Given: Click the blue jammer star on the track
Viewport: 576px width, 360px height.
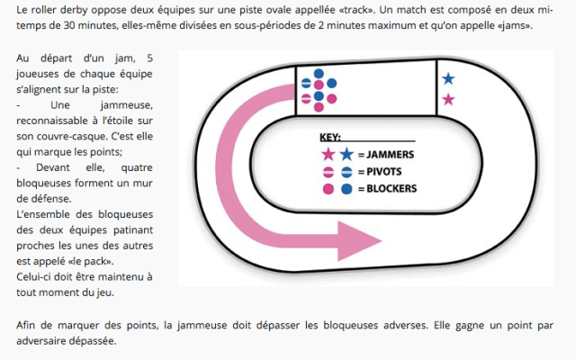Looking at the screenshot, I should [x=448, y=79].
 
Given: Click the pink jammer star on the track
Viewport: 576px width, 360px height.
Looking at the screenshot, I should [x=448, y=99].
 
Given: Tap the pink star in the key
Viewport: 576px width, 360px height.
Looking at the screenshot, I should [x=328, y=155].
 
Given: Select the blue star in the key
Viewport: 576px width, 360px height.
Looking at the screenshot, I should [x=346, y=155].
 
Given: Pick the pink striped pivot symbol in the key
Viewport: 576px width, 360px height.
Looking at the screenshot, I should [x=328, y=172].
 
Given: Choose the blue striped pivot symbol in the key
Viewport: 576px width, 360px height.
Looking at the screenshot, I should [x=346, y=172].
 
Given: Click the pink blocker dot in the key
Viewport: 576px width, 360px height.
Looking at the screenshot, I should [x=328, y=189].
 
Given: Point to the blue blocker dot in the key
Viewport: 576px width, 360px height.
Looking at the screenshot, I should [x=346, y=189].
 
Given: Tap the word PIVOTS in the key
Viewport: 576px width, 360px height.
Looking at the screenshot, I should [x=384, y=172].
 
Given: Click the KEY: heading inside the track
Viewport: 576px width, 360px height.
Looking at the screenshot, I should [x=332, y=138].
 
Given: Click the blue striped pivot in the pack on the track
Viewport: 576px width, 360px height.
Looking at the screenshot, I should [x=306, y=83].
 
